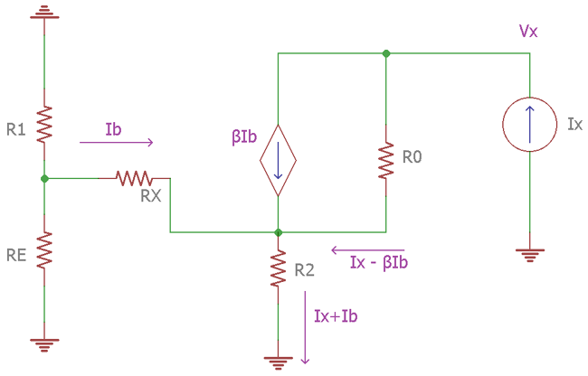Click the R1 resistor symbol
pyautogui.click(x=43, y=124)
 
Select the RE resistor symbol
pyautogui.click(x=43, y=250)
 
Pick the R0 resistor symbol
pyautogui.click(x=386, y=160)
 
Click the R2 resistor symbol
pyautogui.click(x=278, y=268)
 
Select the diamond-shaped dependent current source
pyautogui.click(x=278, y=160)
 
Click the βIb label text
pyautogui.click(x=244, y=138)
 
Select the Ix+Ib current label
pyautogui.click(x=337, y=316)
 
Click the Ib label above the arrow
pyautogui.click(x=113, y=127)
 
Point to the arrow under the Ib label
pyautogui.click(x=117, y=142)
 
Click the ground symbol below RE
pyautogui.click(x=43, y=343)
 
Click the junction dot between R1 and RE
pyautogui.click(x=43, y=178)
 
